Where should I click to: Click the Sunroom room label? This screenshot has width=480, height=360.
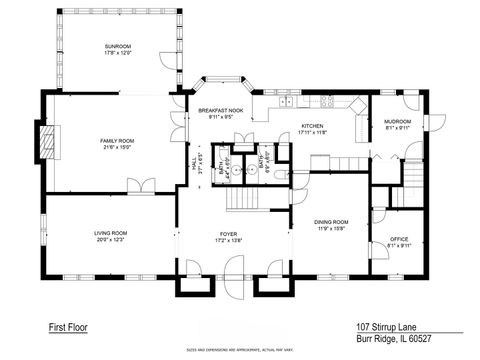118,47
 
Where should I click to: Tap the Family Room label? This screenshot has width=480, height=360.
117,142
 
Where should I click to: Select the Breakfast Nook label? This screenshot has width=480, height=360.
220,111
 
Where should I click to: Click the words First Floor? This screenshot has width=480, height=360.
66,326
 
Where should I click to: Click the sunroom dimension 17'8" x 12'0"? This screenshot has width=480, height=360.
118,53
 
